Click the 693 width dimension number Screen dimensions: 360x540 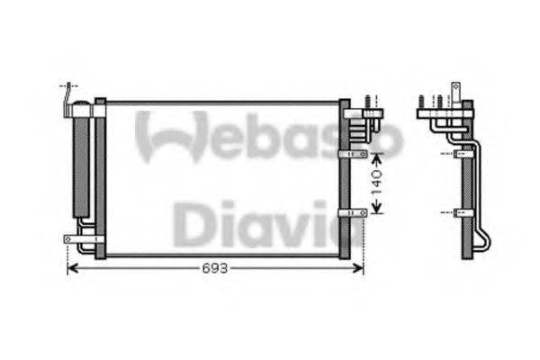[214, 268]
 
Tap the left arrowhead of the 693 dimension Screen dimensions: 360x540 [72, 268]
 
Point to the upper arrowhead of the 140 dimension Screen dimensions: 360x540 [378, 155]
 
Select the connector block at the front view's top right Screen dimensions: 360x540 [364, 114]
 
